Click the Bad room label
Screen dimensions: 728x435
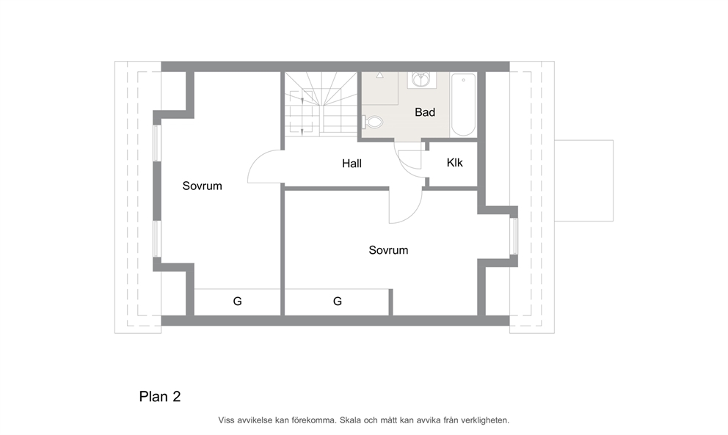(x=425, y=112)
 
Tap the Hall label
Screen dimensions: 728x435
(x=352, y=164)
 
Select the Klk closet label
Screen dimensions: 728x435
(x=454, y=163)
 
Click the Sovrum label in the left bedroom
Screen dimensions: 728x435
(x=202, y=186)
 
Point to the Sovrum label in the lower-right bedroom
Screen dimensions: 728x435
(x=388, y=250)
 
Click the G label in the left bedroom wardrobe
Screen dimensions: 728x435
(x=237, y=301)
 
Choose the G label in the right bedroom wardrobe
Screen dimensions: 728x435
(x=338, y=301)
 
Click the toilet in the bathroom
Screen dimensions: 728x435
(x=372, y=123)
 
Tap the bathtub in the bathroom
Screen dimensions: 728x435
(x=463, y=104)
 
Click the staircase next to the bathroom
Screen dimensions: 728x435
(x=321, y=104)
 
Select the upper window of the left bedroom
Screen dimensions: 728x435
(x=157, y=143)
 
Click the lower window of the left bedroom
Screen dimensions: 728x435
(x=157, y=239)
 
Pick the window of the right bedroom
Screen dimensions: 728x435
(x=514, y=236)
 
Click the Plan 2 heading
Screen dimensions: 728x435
(x=160, y=396)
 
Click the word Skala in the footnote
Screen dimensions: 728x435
(x=350, y=420)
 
